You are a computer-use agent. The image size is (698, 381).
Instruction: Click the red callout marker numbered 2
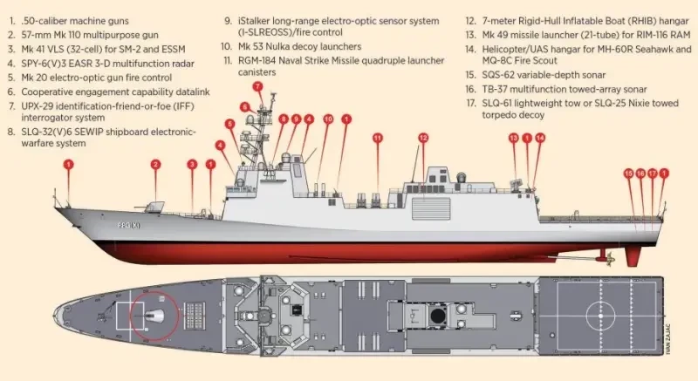tap(155, 164)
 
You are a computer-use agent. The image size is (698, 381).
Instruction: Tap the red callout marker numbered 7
tap(257, 86)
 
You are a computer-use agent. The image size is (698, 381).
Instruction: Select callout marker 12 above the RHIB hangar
tap(423, 138)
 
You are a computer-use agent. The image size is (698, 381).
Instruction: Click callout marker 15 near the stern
tap(628, 173)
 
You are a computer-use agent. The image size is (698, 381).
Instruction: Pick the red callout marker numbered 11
tap(378, 138)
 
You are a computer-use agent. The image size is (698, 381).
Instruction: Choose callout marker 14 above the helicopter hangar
tap(539, 138)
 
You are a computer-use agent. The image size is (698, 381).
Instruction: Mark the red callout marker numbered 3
tap(192, 164)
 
